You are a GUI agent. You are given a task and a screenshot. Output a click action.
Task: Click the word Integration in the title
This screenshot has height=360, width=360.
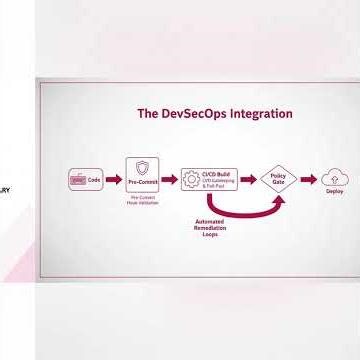click(259, 114)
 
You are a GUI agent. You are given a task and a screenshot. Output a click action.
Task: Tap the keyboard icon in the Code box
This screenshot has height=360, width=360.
click(78, 180)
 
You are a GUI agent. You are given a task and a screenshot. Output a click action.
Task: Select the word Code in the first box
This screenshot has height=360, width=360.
click(95, 180)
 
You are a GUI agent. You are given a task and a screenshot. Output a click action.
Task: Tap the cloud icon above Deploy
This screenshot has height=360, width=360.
click(334, 178)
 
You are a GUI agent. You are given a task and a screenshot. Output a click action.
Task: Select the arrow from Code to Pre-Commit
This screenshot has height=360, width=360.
click(114, 180)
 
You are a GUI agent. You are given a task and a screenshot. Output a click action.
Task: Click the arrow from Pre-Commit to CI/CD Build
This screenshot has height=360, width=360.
click(169, 180)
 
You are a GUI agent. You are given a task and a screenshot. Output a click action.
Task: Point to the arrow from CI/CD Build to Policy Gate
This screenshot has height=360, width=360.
click(247, 180)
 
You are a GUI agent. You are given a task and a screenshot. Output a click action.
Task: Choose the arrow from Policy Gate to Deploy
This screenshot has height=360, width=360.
click(307, 180)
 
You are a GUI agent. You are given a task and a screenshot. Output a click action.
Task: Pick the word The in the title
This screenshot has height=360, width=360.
click(148, 114)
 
